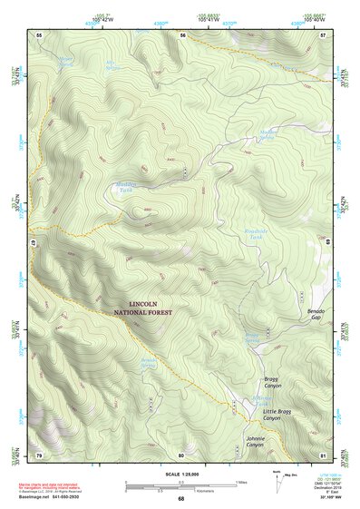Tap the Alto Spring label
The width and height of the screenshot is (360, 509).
(113, 67)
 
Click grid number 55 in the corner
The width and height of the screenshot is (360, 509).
(39, 34)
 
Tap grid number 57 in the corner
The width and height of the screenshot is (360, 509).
(324, 34)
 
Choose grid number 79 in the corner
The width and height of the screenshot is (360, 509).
(39, 455)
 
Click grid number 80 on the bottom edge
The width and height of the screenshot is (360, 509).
(181, 455)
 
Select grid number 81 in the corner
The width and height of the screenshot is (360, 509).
(324, 455)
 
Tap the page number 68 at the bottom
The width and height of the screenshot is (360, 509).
(180, 499)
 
